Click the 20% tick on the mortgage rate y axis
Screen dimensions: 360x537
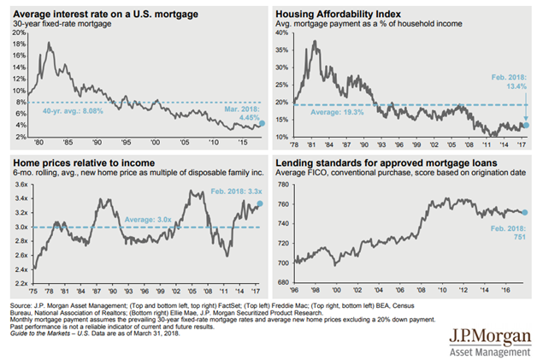coord(17,32)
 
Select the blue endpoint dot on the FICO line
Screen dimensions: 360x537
coord(525,213)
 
